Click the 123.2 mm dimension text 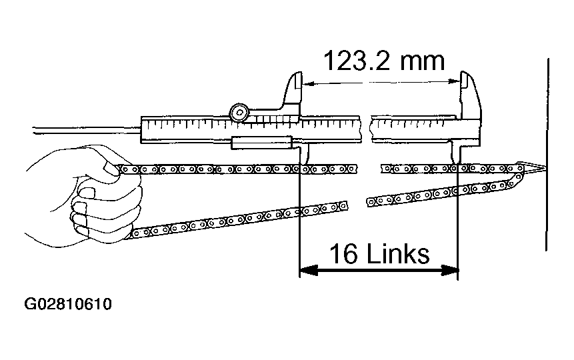(383, 61)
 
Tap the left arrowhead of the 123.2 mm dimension (309, 83)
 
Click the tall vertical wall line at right (546, 153)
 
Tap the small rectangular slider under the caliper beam (262, 142)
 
